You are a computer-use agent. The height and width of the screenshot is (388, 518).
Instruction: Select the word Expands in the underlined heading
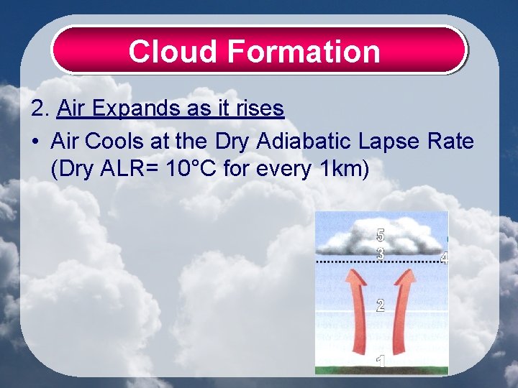[x=129, y=109]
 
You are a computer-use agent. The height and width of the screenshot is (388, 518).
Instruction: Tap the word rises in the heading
[x=260, y=109]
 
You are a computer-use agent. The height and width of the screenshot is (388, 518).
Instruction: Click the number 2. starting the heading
[x=40, y=109]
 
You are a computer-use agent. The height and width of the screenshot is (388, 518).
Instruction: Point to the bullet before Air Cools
[x=35, y=142]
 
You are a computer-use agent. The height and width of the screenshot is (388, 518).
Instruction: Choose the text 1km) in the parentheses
[x=342, y=170]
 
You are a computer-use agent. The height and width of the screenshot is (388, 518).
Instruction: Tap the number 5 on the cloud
[x=381, y=235]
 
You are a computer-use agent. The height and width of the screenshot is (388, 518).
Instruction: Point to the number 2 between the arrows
[x=380, y=305]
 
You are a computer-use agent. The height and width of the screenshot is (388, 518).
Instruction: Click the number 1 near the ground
[x=381, y=361]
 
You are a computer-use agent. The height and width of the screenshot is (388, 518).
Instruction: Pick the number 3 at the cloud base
[x=381, y=253]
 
